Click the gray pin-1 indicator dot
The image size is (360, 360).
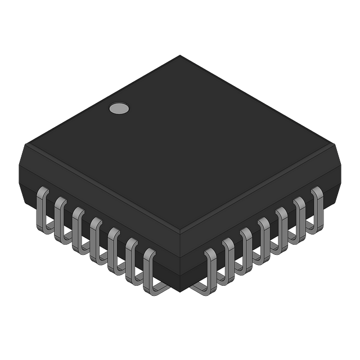tap(119, 109)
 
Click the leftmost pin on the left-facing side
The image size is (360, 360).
tap(43, 211)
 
